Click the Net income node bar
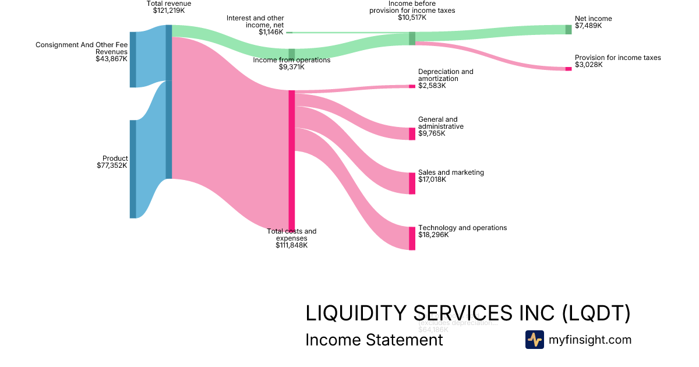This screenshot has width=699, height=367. [x=569, y=30]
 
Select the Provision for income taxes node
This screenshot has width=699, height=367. [x=569, y=69]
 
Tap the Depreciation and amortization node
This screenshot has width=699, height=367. [x=412, y=86]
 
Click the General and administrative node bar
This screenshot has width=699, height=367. [x=412, y=133]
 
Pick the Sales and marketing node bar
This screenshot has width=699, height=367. [x=412, y=183]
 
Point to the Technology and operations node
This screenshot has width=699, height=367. [x=412, y=238]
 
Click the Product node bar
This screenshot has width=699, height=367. [x=133, y=169]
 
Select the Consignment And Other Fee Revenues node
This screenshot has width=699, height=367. [x=133, y=59]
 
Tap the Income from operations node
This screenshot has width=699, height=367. [x=292, y=54]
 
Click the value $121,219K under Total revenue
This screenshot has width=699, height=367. [x=168, y=10]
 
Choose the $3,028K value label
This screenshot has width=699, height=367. [x=589, y=65]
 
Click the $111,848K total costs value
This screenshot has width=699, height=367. [x=291, y=245]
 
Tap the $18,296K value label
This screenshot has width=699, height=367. [x=432, y=235]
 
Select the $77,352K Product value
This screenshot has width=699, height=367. [x=112, y=165]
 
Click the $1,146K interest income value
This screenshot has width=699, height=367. [x=271, y=32]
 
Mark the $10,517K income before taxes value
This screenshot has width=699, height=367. [x=412, y=17]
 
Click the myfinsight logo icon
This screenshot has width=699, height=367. [x=534, y=340]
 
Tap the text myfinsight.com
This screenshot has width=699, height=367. [x=590, y=340]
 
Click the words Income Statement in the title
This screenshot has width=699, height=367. [x=374, y=339]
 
